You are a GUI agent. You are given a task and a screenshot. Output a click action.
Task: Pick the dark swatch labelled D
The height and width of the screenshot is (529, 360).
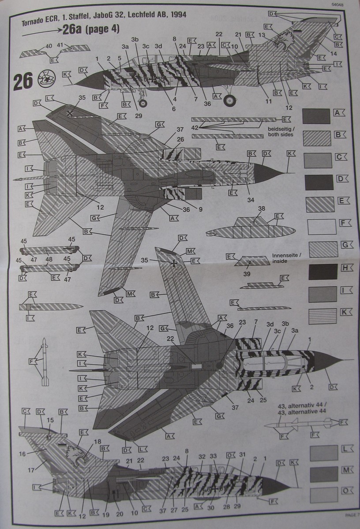point(319,182)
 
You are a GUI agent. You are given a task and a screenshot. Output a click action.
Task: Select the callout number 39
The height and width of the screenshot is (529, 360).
point(247,274)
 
